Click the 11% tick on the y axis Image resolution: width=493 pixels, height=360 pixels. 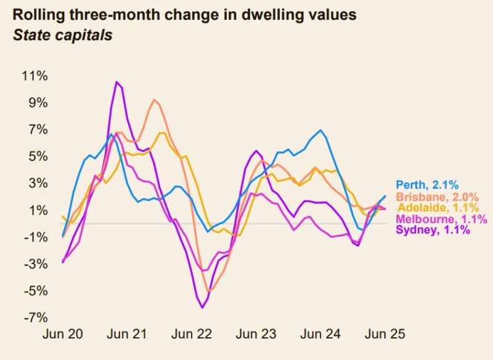(x=36, y=76)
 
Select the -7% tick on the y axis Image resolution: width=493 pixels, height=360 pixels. (x=36, y=317)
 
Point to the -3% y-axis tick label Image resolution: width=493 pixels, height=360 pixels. (x=36, y=264)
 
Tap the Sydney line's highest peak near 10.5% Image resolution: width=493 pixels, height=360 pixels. (x=116, y=82)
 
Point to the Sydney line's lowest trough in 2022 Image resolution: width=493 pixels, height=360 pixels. (x=202, y=307)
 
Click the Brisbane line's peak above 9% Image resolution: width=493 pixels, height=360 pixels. (x=153, y=100)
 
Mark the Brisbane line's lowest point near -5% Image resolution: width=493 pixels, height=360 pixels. (x=210, y=290)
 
